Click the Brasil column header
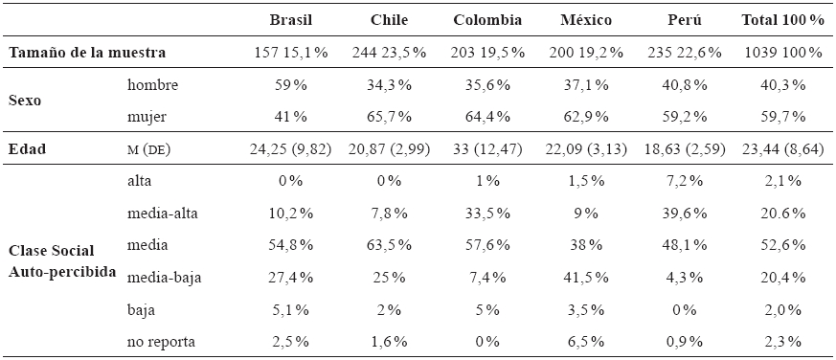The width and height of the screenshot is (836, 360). [x=291, y=19]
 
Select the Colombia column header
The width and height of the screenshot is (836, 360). [x=488, y=19]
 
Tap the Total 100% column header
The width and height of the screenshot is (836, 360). [x=782, y=19]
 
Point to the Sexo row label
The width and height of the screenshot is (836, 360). [x=26, y=101]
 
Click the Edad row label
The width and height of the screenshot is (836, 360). [x=27, y=149]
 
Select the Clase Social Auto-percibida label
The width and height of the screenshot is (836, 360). [x=62, y=260]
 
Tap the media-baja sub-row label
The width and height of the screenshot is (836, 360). [x=164, y=278]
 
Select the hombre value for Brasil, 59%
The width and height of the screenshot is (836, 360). [x=291, y=85]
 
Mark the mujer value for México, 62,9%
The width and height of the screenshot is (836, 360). [x=587, y=118]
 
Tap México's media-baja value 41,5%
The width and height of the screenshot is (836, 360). [x=587, y=278]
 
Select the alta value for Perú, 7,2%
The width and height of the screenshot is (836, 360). [x=687, y=181]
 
